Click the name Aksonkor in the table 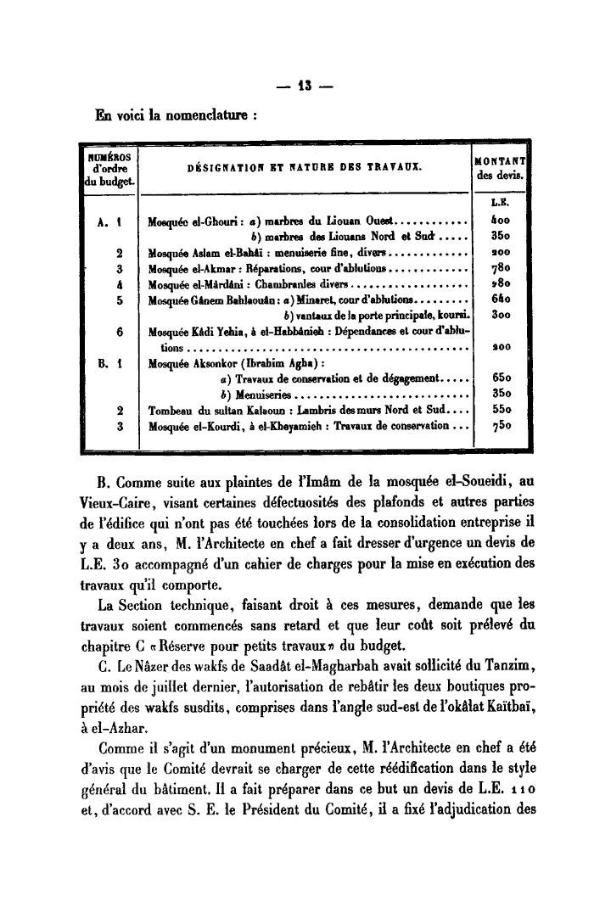click(219, 364)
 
